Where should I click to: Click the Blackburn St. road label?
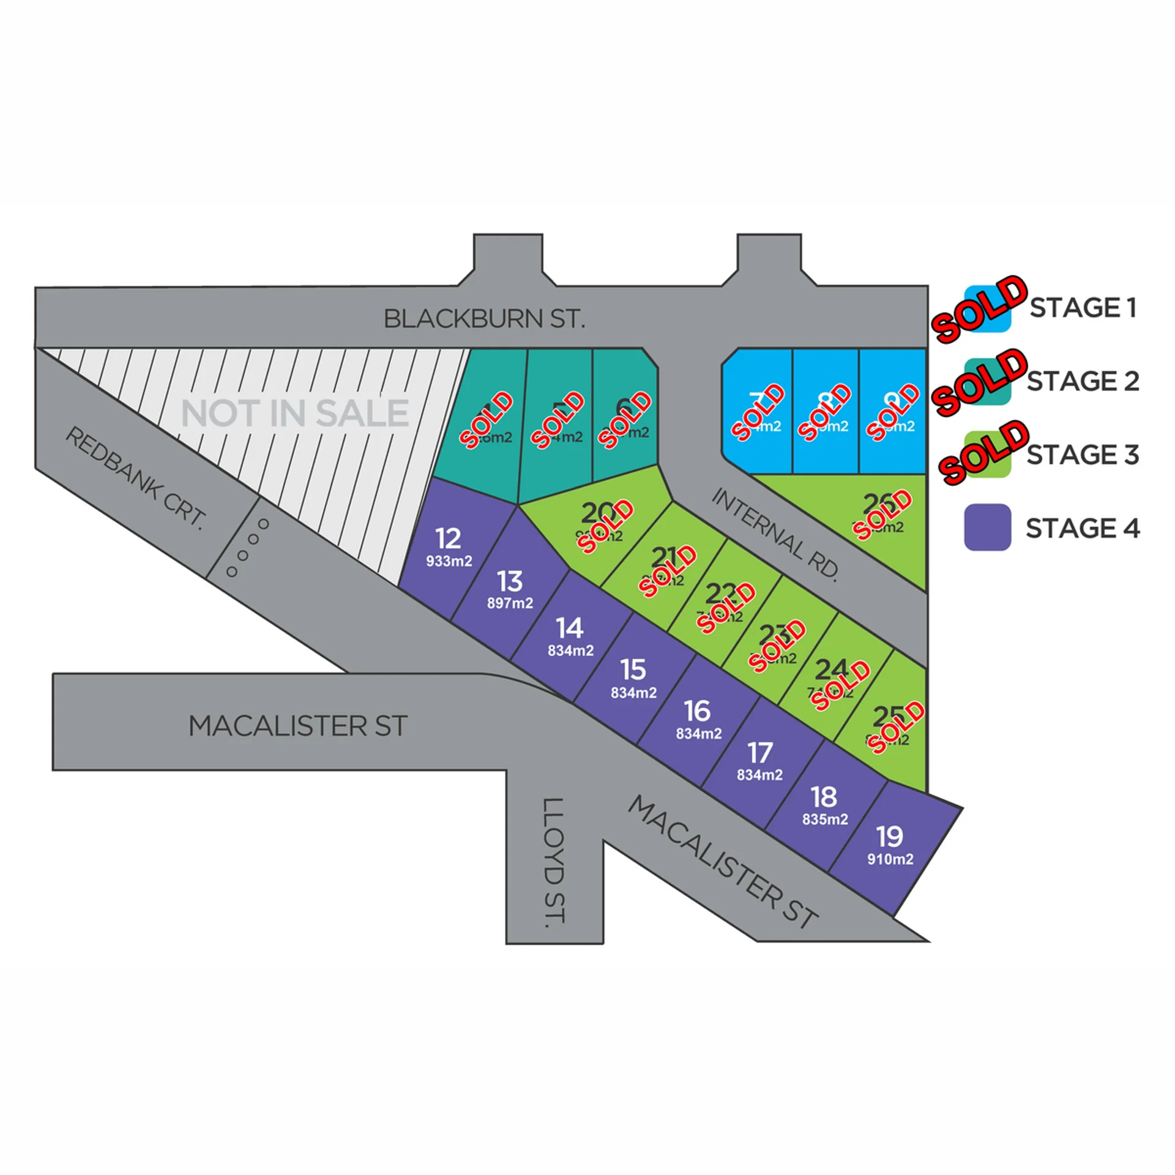(x=484, y=319)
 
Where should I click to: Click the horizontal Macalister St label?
(x=298, y=726)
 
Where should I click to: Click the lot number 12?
(x=448, y=539)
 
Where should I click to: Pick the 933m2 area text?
(x=449, y=561)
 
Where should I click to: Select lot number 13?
(x=510, y=581)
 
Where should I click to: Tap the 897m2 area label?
(x=510, y=603)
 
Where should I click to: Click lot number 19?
(x=889, y=837)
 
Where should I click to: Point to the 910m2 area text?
(x=890, y=859)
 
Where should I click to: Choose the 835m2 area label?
(x=825, y=819)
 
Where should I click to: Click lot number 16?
(x=698, y=711)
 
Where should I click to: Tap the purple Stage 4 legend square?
(x=987, y=528)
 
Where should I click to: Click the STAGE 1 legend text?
(x=1083, y=308)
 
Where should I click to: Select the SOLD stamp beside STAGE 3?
(x=983, y=452)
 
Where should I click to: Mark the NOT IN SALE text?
(x=295, y=413)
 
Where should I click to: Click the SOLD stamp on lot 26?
(x=883, y=515)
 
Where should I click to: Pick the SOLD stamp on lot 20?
(x=606, y=526)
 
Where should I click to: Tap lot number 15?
(x=633, y=670)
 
